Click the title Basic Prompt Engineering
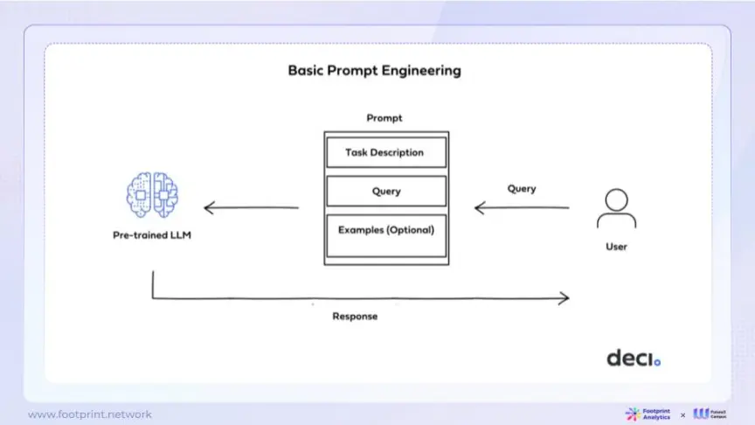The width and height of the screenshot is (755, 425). pos(374,70)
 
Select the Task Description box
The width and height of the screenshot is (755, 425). pos(385,152)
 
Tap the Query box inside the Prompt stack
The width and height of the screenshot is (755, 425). pos(385,191)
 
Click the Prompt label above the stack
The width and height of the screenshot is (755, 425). pos(384,118)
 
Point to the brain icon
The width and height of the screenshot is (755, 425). pos(152,193)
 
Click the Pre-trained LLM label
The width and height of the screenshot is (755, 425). pos(152,235)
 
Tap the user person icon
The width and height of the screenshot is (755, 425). pos(616,207)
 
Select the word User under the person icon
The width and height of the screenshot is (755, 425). pos(616,247)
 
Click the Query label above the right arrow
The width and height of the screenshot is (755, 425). pos(522,189)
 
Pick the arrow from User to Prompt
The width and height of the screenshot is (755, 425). pos(522,208)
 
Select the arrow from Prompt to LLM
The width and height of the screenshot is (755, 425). pos(251,208)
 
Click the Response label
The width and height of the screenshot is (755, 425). pos(355,316)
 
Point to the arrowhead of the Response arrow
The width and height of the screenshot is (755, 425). pos(565,298)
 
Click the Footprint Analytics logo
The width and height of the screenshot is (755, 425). pos(648,414)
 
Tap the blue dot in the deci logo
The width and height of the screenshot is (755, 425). pos(658,361)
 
